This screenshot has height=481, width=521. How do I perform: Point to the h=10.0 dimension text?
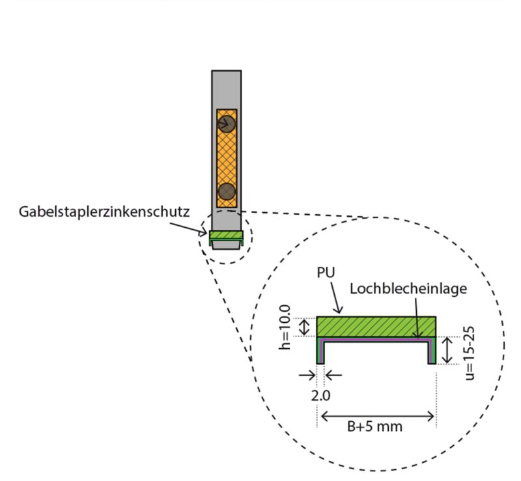click(x=285, y=327)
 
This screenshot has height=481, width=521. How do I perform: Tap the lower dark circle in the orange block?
click(x=226, y=191)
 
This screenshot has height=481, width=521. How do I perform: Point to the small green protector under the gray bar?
click(x=226, y=236)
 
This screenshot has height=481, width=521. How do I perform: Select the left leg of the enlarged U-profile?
click(x=320, y=351)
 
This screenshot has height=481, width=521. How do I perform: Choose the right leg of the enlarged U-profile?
click(x=431, y=351)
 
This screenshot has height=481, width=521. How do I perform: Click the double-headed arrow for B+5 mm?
click(x=376, y=415)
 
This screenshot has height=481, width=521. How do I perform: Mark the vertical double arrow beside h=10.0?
click(x=303, y=327)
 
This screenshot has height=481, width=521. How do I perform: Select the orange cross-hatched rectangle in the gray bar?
click(x=226, y=158)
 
